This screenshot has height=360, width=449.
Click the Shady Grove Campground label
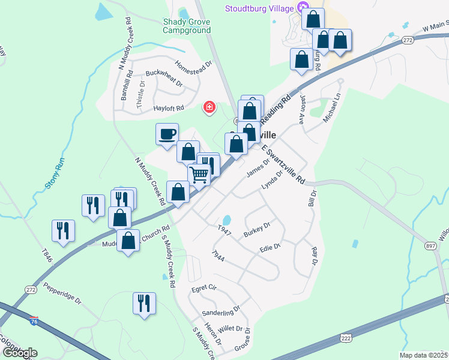pyautogui.click(x=187, y=25)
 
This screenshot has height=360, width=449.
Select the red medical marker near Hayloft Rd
pyautogui.click(x=209, y=107)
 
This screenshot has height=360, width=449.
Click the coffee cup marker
pyautogui.click(x=167, y=134)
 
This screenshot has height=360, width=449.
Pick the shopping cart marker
pyautogui.click(x=199, y=175)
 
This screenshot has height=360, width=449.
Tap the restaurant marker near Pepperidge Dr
pyautogui.click(x=144, y=303)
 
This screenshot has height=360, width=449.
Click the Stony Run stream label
pyautogui.click(x=55, y=174)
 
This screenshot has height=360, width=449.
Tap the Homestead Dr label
pyautogui.click(x=194, y=67)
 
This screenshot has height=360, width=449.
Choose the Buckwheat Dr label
pyautogui.click(x=163, y=79)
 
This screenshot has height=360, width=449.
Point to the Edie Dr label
pyautogui.click(x=270, y=247)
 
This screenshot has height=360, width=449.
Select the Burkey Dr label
pyautogui.click(x=257, y=229)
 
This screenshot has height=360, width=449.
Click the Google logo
pyautogui.click(x=20, y=353)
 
